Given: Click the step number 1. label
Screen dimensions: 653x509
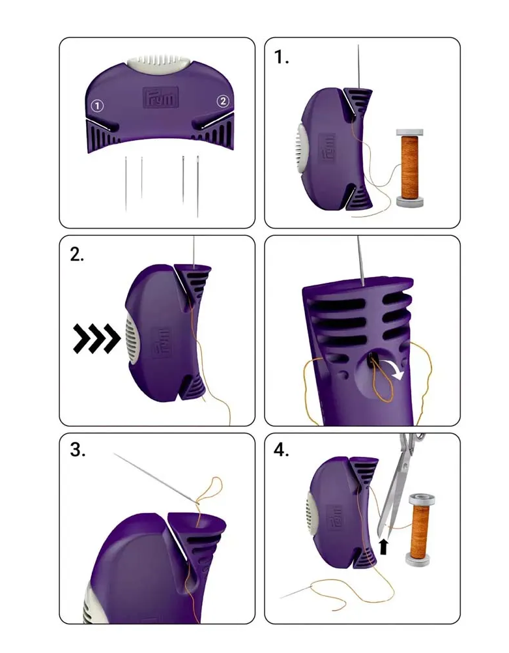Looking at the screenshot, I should pos(282,58).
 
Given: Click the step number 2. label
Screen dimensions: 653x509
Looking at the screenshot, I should pos(78,255).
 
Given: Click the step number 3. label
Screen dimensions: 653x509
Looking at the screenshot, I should pos(78,450).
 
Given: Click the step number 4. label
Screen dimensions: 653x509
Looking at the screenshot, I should pos(282,450).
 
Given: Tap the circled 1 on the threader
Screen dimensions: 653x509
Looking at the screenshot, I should pos(96,105).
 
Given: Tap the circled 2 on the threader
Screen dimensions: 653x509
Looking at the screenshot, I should pos(223,101).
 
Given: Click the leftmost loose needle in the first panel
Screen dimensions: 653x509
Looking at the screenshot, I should pos(126,183).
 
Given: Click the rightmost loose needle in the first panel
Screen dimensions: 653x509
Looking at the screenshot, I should pos(197,186).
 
